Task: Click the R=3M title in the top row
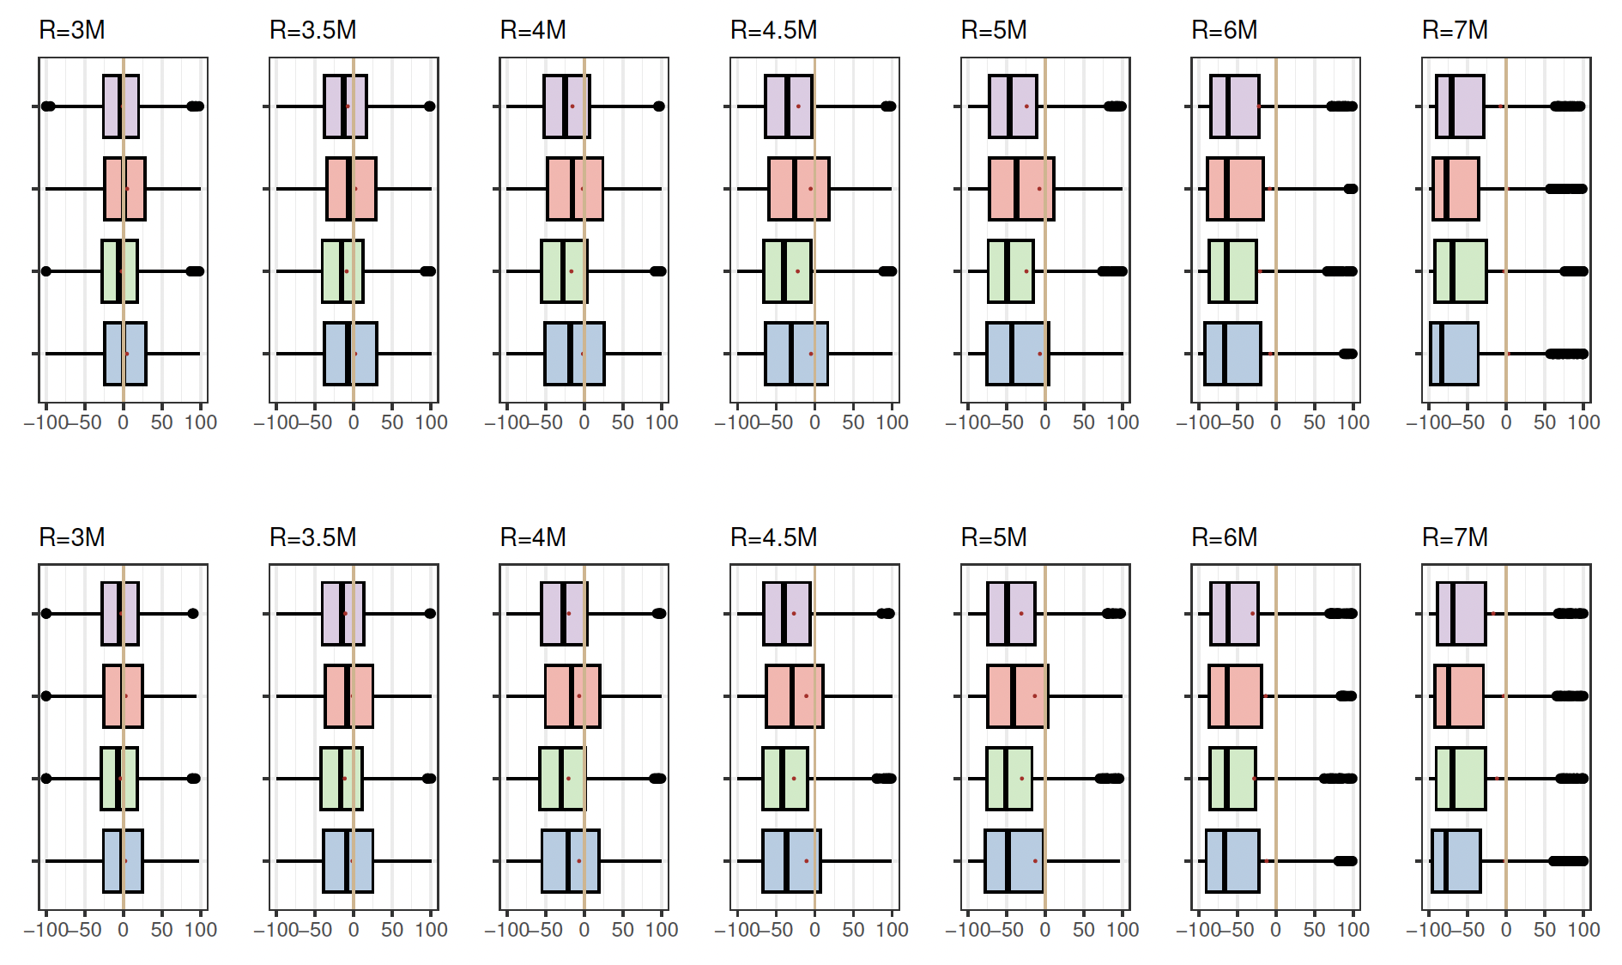click(72, 30)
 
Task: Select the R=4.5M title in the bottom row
click(773, 537)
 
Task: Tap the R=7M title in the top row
click(1455, 30)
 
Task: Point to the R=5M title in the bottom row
click(994, 537)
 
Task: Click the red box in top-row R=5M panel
click(1021, 189)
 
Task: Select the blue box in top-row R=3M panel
click(125, 354)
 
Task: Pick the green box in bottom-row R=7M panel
click(1461, 779)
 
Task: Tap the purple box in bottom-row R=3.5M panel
click(343, 614)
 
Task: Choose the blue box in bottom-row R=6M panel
click(1232, 861)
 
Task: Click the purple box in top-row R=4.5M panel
click(789, 106)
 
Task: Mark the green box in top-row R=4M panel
click(564, 271)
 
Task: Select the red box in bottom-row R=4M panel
click(572, 696)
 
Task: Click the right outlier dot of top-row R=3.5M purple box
click(430, 106)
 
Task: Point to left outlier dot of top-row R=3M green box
click(46, 271)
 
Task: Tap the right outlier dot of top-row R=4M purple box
click(659, 106)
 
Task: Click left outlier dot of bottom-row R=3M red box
click(46, 696)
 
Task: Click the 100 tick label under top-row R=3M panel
click(201, 422)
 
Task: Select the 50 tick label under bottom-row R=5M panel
click(1084, 930)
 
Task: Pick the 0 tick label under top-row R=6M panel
click(1275, 422)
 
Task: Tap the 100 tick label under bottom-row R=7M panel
click(1583, 930)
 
